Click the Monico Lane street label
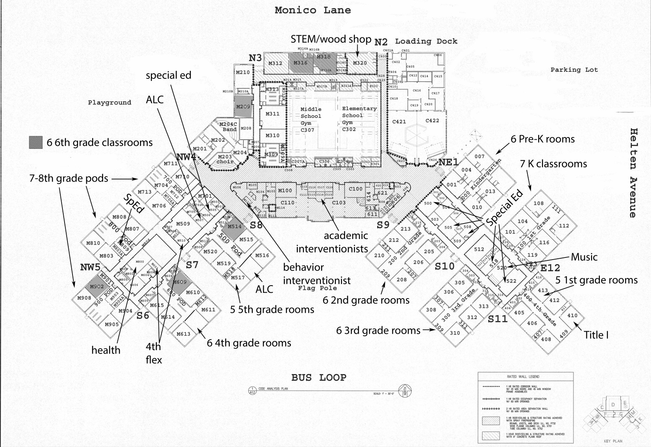[313, 10]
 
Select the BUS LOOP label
[319, 377]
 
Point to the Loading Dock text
[426, 41]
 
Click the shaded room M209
[243, 107]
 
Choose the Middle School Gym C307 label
[311, 120]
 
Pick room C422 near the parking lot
[432, 121]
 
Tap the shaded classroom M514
[235, 226]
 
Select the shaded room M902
[96, 286]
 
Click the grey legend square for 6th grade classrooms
[36, 142]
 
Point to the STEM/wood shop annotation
[331, 39]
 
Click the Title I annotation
[596, 335]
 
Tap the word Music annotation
[584, 257]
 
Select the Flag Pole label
[317, 288]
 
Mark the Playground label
[109, 102]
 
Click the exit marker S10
[444, 266]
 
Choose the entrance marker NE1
[449, 162]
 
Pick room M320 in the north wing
[360, 63]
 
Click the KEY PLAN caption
[612, 441]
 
